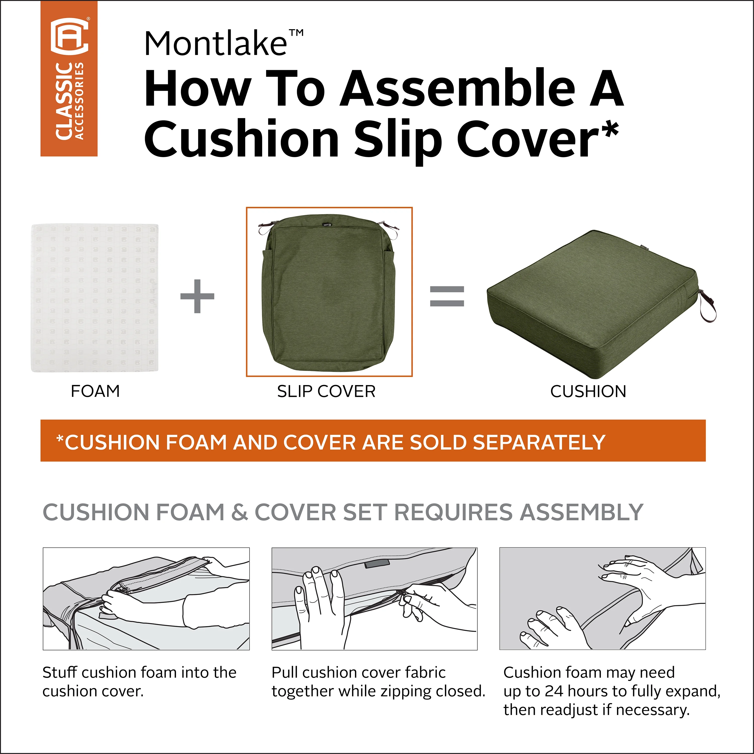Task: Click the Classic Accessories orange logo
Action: pos(69,78)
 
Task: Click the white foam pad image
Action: pos(95,298)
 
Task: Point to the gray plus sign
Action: pos(197,296)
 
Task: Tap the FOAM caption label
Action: pos(95,391)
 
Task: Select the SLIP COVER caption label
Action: pos(326,391)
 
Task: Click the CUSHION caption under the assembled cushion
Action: pos(588,391)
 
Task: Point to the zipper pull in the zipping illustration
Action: pos(402,596)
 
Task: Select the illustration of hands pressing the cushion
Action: pos(603,599)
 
